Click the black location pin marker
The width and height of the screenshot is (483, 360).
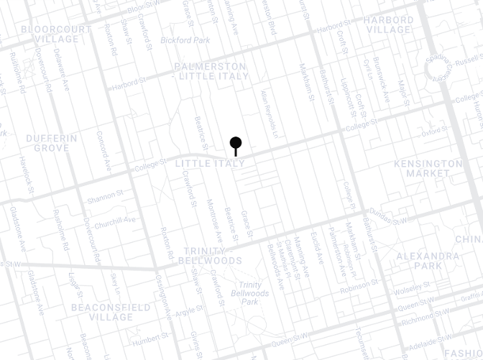235,143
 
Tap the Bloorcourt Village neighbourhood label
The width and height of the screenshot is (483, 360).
57,34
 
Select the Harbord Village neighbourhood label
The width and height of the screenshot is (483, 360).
389,24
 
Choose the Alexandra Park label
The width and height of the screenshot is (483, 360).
428,260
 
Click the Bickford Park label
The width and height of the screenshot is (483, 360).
185,40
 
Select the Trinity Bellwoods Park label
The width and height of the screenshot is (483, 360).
250,293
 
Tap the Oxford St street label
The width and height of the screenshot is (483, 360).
435,131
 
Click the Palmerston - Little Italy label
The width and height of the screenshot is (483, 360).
211,71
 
